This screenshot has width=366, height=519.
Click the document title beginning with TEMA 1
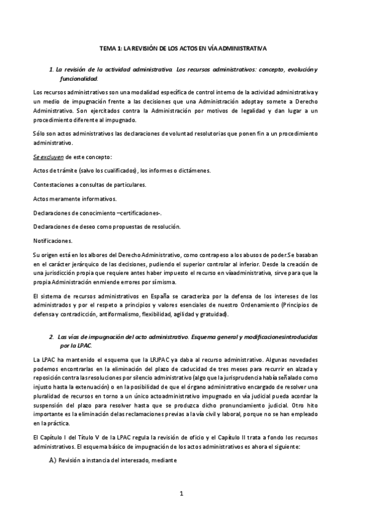tap(183, 47)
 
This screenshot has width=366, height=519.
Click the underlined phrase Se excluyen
tap(46, 157)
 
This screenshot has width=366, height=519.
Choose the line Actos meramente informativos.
tap(75, 198)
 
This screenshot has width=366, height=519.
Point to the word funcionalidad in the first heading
tap(78, 79)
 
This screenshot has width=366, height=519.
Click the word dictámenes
tap(190, 171)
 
